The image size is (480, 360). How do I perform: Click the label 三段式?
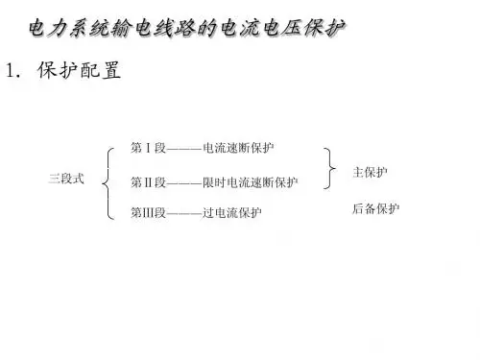pyautogui.click(x=66, y=179)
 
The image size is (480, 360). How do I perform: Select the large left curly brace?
pyautogui.click(x=108, y=183)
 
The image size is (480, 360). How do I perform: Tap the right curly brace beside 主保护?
pyautogui.click(x=330, y=168)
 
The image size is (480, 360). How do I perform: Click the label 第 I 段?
pyautogui.click(x=148, y=148)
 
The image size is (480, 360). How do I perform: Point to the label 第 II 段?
pyautogui.click(x=148, y=182)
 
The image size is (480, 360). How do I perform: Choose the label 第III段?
pyautogui.click(x=148, y=212)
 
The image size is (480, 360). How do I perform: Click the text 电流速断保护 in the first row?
pyautogui.click(x=238, y=148)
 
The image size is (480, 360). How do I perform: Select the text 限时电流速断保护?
pyautogui.click(x=251, y=182)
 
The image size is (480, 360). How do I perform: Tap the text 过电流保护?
pyautogui.click(x=232, y=212)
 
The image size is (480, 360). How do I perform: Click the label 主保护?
pyautogui.click(x=370, y=172)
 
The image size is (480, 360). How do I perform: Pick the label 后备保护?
pyautogui.click(x=375, y=208)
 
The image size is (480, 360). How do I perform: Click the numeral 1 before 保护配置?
pyautogui.click(x=11, y=70)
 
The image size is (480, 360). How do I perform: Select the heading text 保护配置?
pyautogui.click(x=79, y=70)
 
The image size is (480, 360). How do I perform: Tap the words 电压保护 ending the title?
pyautogui.click(x=304, y=28)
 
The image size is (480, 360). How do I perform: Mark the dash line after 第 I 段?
pyautogui.click(x=184, y=149)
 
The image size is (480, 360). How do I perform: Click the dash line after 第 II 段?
pyautogui.click(x=184, y=183)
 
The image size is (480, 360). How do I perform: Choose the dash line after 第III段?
pyautogui.click(x=184, y=213)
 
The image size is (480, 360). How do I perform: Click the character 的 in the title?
pyautogui.click(x=207, y=28)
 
